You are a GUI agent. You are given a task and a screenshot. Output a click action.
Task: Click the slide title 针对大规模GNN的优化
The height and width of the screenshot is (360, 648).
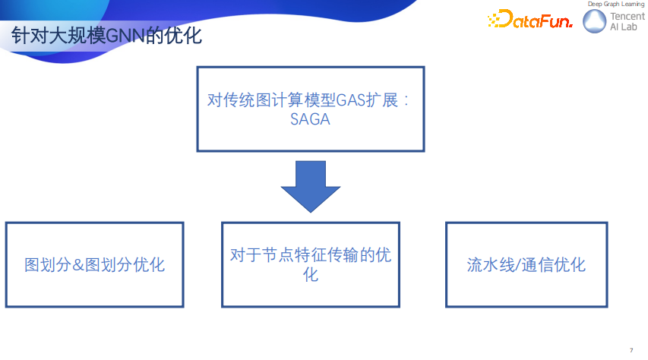106,35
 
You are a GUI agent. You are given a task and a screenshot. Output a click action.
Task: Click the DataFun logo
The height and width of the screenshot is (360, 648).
529,21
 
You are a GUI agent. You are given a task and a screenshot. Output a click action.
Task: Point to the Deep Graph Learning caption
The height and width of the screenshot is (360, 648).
615,5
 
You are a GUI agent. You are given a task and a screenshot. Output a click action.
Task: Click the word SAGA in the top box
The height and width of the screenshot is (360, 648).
310,119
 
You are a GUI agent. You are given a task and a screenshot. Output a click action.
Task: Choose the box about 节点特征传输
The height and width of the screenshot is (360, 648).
310,264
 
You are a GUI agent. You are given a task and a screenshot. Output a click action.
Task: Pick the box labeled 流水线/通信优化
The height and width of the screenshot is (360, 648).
526,264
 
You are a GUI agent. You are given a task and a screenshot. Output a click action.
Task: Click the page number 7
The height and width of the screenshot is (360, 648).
631,349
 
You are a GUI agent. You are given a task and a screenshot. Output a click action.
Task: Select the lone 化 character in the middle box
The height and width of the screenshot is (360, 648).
310,274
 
